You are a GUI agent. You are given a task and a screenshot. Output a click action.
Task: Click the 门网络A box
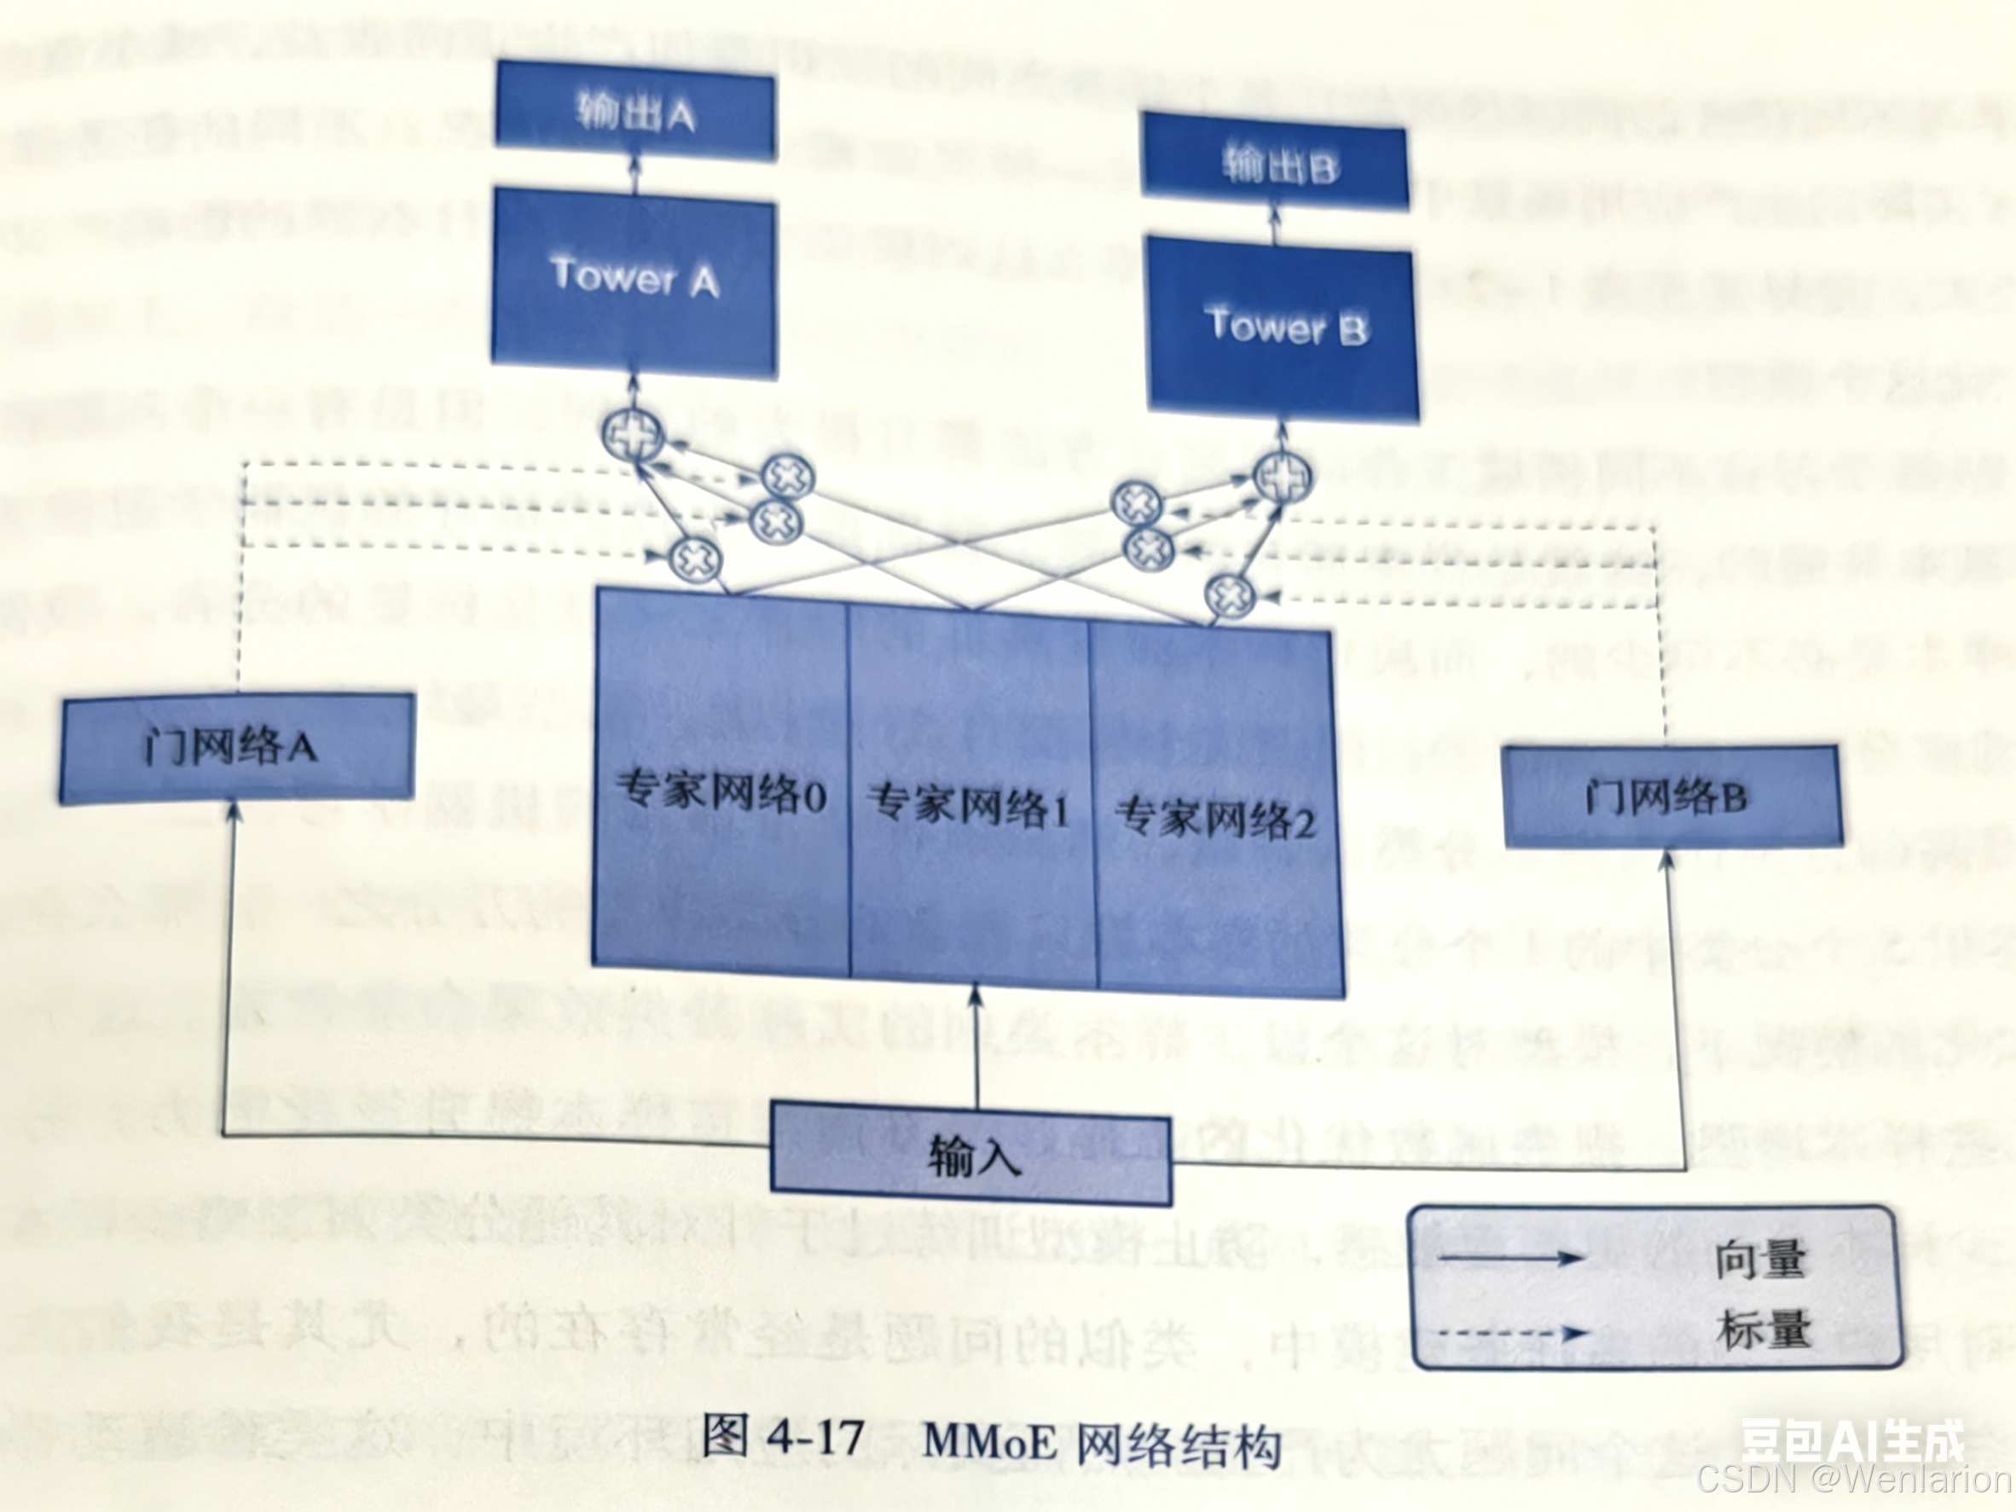click(235, 748)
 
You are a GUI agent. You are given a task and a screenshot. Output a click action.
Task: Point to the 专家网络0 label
click(721, 792)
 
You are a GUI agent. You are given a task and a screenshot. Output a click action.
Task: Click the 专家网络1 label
click(969, 806)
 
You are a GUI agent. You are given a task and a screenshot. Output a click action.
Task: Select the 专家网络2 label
click(1215, 818)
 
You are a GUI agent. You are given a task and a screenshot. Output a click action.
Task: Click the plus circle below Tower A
click(633, 436)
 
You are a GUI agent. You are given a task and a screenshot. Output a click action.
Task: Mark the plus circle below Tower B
click(1282, 475)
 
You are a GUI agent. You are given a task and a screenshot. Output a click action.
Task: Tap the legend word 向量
click(1761, 1260)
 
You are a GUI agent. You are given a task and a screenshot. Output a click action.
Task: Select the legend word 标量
click(1763, 1330)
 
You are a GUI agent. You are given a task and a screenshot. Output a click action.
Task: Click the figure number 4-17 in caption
click(814, 1437)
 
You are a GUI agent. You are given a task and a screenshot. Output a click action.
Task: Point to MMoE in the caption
click(989, 1441)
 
